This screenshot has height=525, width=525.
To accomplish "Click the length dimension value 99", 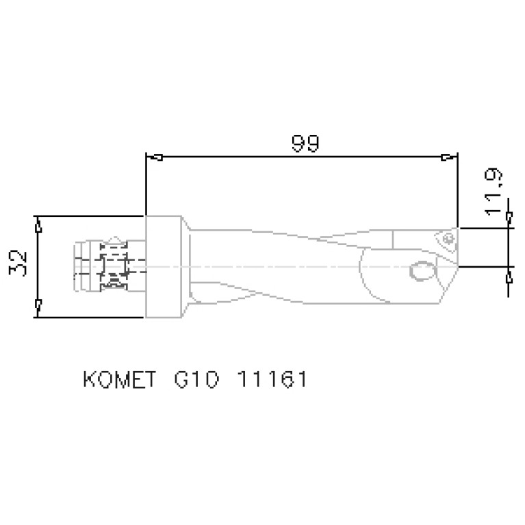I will (305, 144).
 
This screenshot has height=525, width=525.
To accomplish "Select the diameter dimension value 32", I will (21, 263).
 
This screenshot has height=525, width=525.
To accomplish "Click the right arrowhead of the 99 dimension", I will (447, 157).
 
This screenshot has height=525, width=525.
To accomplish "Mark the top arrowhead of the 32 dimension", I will (38, 222).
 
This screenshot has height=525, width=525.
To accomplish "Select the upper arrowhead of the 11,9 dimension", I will (509, 218).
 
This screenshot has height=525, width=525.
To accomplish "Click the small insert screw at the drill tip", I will (448, 239).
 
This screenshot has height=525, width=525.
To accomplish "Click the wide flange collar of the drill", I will (164, 266).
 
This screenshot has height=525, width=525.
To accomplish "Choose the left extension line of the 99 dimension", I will (146, 185).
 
